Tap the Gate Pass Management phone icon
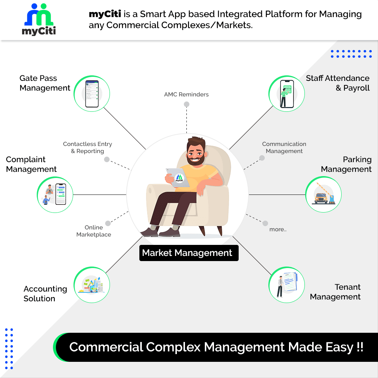pyautogui.click(x=92, y=93)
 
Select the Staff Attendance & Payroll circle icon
pyautogui.click(x=287, y=93)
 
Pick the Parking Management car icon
pyautogui.click(x=324, y=195)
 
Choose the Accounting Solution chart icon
pyautogui.click(x=92, y=285)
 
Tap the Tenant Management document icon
pyautogui.click(x=287, y=285)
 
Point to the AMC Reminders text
pyautogui.click(x=186, y=94)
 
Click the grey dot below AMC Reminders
pyautogui.click(x=186, y=104)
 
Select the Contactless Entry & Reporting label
pyautogui.click(x=88, y=147)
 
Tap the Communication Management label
pyautogui.click(x=284, y=147)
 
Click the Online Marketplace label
pyautogui.click(x=94, y=231)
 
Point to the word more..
pyautogui.click(x=278, y=229)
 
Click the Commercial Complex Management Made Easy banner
pyautogui.click(x=216, y=347)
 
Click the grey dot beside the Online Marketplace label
pyautogui.click(x=108, y=223)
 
